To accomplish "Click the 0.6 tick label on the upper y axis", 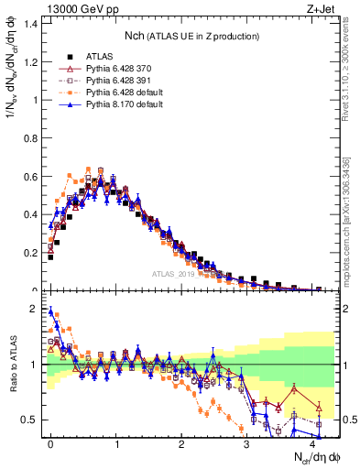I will [30, 175].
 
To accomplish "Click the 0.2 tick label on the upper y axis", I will [30, 252].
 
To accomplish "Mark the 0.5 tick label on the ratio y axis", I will [30, 420].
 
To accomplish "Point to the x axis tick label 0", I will [50, 442].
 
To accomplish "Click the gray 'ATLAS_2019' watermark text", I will [176, 273].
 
